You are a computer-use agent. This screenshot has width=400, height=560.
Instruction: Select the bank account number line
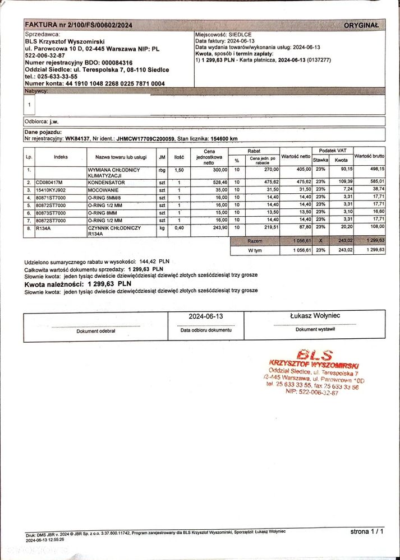click(x=95, y=83)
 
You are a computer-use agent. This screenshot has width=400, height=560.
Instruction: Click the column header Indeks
click(x=61, y=157)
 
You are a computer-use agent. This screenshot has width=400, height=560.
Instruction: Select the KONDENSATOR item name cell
click(x=107, y=182)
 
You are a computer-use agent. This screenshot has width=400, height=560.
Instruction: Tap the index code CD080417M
click(x=49, y=182)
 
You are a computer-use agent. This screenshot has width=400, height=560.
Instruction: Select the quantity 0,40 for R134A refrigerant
click(x=178, y=228)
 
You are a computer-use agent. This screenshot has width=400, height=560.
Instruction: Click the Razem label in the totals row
click(x=254, y=240)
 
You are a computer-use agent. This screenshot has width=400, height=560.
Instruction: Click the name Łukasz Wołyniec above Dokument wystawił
click(x=315, y=316)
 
